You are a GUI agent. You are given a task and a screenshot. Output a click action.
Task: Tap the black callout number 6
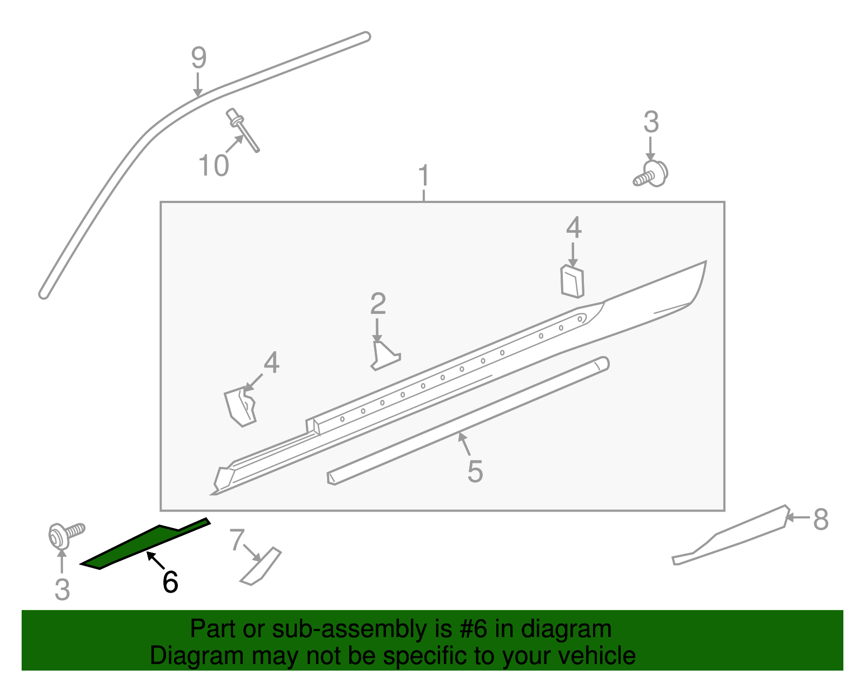click(x=170, y=583)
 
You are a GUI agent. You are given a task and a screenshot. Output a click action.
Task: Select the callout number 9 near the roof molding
click(x=198, y=58)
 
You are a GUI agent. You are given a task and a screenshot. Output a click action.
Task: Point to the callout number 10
click(x=214, y=166)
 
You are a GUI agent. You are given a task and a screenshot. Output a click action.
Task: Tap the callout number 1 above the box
click(x=424, y=176)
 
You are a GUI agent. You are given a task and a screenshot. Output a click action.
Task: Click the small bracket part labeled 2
click(x=384, y=356)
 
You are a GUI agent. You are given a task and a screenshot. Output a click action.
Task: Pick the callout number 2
click(x=378, y=304)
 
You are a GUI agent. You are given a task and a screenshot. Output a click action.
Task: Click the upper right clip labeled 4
click(x=572, y=281)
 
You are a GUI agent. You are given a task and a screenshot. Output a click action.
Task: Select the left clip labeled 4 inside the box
click(x=241, y=406)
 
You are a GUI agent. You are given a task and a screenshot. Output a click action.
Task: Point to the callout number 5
click(x=475, y=471)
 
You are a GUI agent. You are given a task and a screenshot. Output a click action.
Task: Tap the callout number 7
click(x=237, y=540)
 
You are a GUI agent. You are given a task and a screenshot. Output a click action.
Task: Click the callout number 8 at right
click(x=820, y=520)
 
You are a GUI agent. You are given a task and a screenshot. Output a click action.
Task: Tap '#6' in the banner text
click(x=474, y=629)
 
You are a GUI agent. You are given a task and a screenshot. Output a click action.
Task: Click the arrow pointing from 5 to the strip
click(x=464, y=444)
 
